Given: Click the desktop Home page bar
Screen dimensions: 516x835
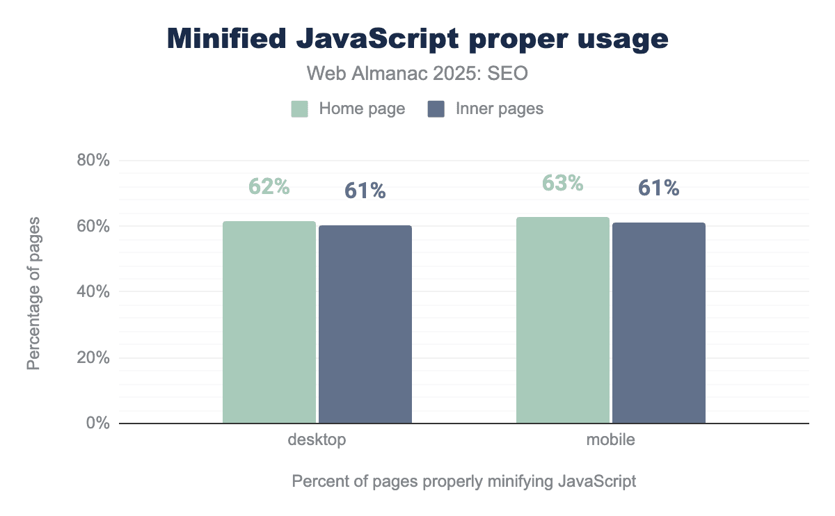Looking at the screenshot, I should (269, 322).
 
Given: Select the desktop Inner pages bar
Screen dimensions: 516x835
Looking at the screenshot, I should (365, 324).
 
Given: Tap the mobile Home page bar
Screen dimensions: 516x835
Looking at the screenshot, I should (563, 320).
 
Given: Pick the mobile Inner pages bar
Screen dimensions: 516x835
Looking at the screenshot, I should (659, 323).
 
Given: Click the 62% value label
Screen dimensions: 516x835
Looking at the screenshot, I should (269, 186).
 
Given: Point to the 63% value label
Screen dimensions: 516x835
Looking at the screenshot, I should (562, 183).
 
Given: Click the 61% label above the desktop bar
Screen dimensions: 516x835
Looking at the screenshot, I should (365, 191).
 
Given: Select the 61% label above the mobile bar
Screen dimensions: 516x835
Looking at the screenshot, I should (658, 188).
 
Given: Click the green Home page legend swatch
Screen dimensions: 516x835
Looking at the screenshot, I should (300, 109).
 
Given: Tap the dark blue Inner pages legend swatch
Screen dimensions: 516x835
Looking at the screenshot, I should (436, 109).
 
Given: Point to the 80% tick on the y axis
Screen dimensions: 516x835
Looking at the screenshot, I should (94, 161).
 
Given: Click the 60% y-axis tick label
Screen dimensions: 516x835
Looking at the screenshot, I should (94, 227).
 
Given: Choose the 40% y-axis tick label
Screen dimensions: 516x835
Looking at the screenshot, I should (94, 292).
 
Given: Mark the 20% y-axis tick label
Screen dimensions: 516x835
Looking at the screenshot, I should (94, 358).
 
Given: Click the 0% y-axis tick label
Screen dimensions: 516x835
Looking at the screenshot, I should (98, 424).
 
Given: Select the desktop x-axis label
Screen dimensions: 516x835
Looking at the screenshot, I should (317, 440).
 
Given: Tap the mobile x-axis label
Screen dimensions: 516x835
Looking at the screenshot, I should (610, 440).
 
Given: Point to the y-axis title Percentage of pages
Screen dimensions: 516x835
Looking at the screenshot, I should (33, 293).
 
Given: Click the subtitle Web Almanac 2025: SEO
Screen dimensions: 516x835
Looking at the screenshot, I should (417, 74).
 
